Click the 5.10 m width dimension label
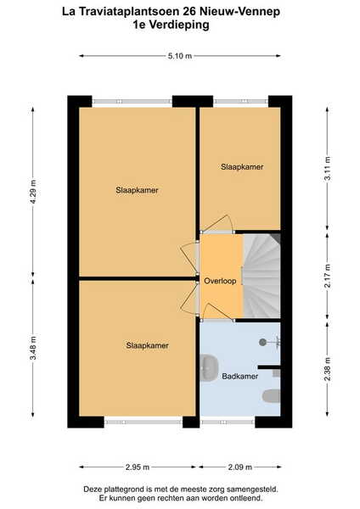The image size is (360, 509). [180, 56]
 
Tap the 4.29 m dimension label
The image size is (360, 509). [33, 192]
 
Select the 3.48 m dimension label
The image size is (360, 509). [33, 348]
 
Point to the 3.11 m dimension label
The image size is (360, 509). [328, 169]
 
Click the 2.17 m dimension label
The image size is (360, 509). [328, 276]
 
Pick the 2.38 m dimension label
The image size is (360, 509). [328, 369]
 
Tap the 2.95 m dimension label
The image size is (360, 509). [138, 467]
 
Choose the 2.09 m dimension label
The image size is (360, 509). [240, 467]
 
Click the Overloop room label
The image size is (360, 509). [220, 281]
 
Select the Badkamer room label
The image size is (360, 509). [239, 376]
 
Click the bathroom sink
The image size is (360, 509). [206, 368]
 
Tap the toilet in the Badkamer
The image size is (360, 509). [272, 396]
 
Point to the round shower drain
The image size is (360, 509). [262, 342]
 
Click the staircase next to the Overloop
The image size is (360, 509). [262, 276]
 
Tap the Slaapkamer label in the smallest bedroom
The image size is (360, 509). [242, 167]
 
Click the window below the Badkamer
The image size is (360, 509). [228, 422]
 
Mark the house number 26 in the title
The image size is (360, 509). [189, 12]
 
